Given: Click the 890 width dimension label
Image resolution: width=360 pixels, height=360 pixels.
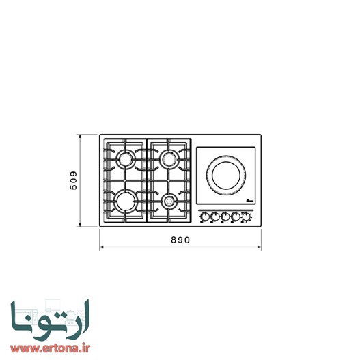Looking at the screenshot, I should [x=180, y=240].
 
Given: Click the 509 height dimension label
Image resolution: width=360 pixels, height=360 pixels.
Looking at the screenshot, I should [x=70, y=181].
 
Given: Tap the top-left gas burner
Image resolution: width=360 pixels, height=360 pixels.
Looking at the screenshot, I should [x=126, y=160].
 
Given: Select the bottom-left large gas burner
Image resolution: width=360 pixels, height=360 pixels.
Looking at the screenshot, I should [x=126, y=200].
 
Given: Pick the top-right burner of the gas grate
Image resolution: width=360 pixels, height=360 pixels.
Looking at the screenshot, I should [x=169, y=160].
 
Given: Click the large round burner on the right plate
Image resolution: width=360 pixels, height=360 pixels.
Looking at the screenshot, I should [x=226, y=174].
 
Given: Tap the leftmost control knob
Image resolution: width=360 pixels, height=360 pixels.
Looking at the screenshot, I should [x=204, y=217].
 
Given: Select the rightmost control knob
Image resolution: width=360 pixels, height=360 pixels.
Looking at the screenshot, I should [x=247, y=217].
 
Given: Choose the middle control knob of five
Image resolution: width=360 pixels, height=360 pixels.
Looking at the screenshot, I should [x=225, y=217].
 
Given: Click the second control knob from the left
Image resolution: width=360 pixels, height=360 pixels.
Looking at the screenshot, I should [x=214, y=217].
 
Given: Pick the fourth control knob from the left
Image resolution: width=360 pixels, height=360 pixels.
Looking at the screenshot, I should [x=236, y=217].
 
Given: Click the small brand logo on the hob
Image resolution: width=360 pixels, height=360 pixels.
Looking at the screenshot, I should [x=249, y=201].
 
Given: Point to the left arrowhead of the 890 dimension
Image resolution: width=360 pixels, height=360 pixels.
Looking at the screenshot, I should [x=101, y=247].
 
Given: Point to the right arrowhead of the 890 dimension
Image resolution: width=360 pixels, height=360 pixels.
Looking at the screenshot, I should [x=260, y=247].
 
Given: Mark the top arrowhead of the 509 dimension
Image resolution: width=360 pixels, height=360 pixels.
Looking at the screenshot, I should [x=81, y=136].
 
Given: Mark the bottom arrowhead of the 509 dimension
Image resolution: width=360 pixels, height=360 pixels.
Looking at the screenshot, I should [x=81, y=226].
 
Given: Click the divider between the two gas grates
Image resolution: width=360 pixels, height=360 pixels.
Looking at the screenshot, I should [x=147, y=180].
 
